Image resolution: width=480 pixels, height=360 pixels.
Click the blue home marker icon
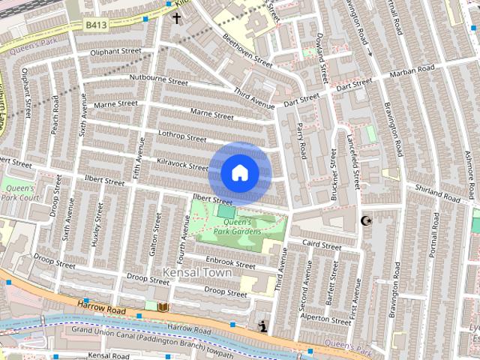[239, 173]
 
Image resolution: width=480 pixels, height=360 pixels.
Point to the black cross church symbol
[177, 17]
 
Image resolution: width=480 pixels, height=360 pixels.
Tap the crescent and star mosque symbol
[366, 220]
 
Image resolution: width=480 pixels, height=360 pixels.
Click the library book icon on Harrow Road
[163, 307]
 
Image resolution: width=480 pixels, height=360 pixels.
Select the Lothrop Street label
[182, 137]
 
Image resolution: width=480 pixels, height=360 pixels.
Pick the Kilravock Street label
[182, 163]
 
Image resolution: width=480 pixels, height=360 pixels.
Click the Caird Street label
[322, 243]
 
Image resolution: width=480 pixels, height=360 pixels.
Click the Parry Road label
[301, 140]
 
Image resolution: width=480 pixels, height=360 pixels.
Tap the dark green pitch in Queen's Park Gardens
[226, 212]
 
